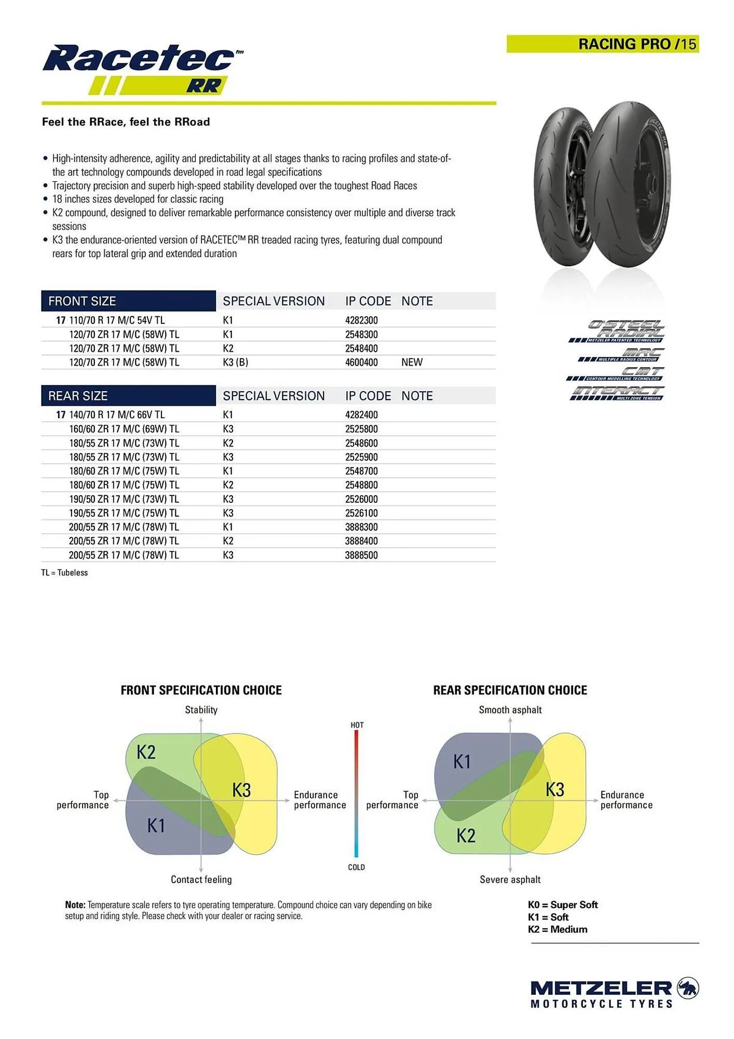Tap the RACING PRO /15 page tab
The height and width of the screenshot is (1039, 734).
pos(602,44)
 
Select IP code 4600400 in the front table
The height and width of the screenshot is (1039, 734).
pos(361,363)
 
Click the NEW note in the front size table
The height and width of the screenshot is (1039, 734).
pos(412,363)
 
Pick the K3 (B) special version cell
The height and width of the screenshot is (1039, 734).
pos(235,363)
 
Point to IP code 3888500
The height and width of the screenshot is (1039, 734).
pos(361,555)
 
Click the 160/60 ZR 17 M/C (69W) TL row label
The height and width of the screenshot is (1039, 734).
pos(124,429)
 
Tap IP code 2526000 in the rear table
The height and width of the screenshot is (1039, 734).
pos(361,499)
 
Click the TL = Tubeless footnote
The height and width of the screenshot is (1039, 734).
pos(64,573)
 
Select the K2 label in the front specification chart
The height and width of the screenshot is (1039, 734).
pos(146,752)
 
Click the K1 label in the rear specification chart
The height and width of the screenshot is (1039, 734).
pos(462,762)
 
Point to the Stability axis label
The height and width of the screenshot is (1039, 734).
pos(201,710)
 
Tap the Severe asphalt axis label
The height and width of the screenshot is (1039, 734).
pos(510,880)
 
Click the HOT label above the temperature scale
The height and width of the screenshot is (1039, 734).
pos(357,725)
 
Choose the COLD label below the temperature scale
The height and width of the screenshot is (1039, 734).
pos(357,867)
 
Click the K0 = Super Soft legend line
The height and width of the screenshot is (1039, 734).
pos(563,905)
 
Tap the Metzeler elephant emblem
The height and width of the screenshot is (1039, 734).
pos(688,988)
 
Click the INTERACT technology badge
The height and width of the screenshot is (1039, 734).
pos(617,393)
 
